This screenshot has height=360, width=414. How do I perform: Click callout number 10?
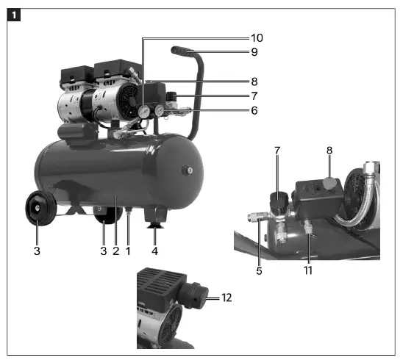pyautogui.click(x=256, y=37)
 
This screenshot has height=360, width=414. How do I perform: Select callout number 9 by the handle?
pyautogui.click(x=254, y=52)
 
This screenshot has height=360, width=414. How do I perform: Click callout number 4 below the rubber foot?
pyautogui.click(x=155, y=251)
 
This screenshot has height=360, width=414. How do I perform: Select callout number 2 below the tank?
pyautogui.click(x=115, y=251)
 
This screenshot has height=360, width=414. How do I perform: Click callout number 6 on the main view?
pyautogui.click(x=254, y=110)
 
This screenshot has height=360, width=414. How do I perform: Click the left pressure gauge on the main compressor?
pyautogui.click(x=144, y=112)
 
